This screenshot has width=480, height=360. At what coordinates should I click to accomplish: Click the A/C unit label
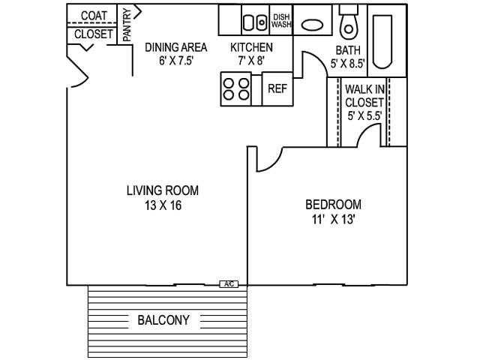click(229, 284)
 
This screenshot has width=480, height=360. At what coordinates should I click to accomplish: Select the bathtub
click(382, 42)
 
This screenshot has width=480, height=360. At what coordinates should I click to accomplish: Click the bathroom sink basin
click(312, 25)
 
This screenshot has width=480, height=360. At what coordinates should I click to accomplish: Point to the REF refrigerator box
click(277, 89)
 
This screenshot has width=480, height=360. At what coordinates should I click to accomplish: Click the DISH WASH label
click(281, 21)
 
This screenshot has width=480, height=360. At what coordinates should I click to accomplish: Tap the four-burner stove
click(236, 89)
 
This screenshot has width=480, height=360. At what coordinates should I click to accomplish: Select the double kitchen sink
click(254, 22)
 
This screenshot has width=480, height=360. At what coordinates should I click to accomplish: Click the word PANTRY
click(127, 25)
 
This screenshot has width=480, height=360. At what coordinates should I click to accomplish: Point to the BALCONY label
click(163, 320)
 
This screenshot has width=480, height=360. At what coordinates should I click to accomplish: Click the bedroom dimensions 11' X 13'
click(333, 220)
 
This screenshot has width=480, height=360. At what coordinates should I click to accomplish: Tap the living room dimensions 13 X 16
click(163, 205)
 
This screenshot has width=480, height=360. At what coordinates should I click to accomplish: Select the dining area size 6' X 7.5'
click(175, 61)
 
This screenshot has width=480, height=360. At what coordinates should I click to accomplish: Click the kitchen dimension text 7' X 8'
click(251, 61)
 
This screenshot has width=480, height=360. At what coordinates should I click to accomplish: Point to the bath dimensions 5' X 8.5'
click(348, 63)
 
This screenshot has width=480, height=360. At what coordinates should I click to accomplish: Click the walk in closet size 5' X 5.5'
click(364, 115)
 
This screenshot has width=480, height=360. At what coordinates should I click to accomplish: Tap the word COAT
click(94, 16)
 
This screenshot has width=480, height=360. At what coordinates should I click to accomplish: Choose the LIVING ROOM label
click(163, 190)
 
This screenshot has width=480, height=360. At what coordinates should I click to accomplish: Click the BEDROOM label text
click(333, 205)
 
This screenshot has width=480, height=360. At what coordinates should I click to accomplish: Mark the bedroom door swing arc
click(274, 163)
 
